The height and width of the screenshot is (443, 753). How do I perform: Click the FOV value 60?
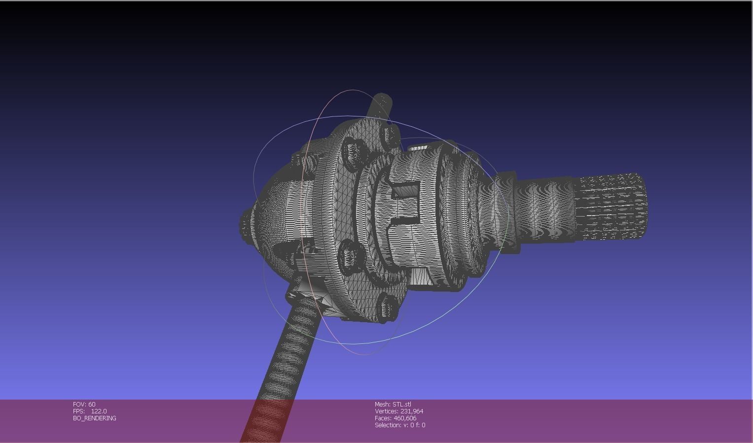tap(92, 404)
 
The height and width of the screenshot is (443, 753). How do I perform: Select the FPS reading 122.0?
tap(99, 411)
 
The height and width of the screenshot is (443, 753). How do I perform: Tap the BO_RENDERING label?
tap(95, 418)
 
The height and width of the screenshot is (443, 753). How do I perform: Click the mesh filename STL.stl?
tap(401, 404)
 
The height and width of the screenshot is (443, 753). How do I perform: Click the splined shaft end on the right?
tap(611, 207)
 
